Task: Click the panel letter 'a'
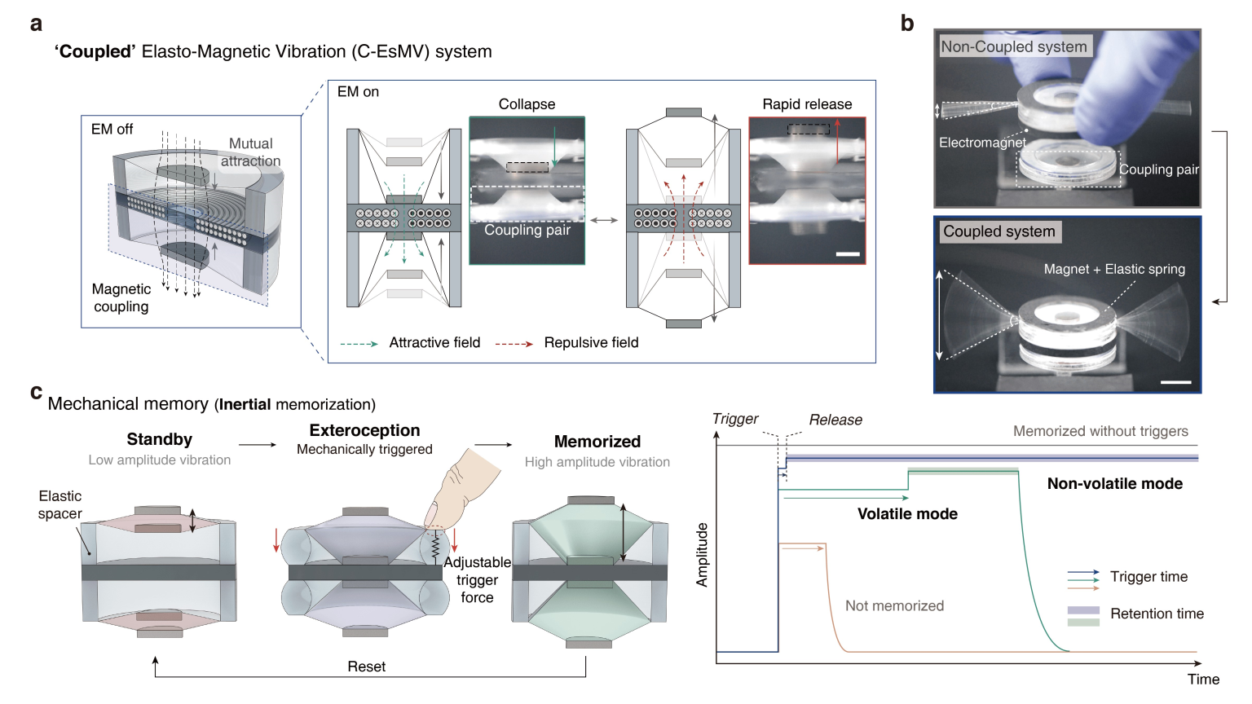coord(36,24)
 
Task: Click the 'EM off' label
coord(112,130)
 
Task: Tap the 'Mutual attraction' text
coord(250,152)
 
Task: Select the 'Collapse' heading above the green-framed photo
coord(527,104)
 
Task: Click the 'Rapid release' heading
coord(807,104)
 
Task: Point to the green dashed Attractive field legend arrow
coord(359,344)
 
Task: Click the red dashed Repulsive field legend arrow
coord(514,344)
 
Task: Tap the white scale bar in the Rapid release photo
coord(848,254)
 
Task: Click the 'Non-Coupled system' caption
coord(1014,46)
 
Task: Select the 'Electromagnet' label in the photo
coord(982,143)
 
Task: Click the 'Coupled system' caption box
coord(999,231)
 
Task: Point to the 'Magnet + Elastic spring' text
coord(1114,269)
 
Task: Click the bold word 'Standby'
coord(160,439)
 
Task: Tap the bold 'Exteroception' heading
coord(364,430)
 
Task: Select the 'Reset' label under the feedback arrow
coord(366,667)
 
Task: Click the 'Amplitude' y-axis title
coord(702,554)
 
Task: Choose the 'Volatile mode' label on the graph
coord(907,514)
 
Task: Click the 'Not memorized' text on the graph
coord(894,605)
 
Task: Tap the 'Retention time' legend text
coord(1157,614)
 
